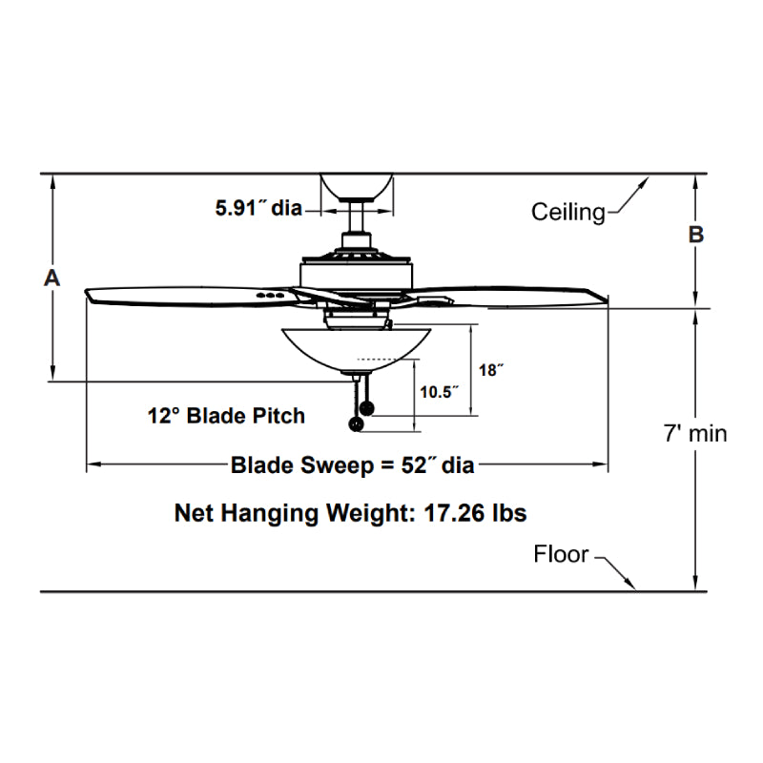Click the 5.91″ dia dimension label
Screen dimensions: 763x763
tap(258, 207)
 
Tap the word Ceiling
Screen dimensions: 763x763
tap(568, 212)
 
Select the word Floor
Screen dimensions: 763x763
tap(561, 554)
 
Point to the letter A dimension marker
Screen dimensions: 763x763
tap(52, 278)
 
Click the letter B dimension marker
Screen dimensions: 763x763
tap(696, 235)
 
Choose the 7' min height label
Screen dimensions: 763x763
tap(695, 433)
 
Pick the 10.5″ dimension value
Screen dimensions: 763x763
tap(440, 391)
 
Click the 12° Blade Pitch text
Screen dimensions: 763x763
tap(226, 416)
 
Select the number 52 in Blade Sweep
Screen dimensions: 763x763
tap(408, 465)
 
